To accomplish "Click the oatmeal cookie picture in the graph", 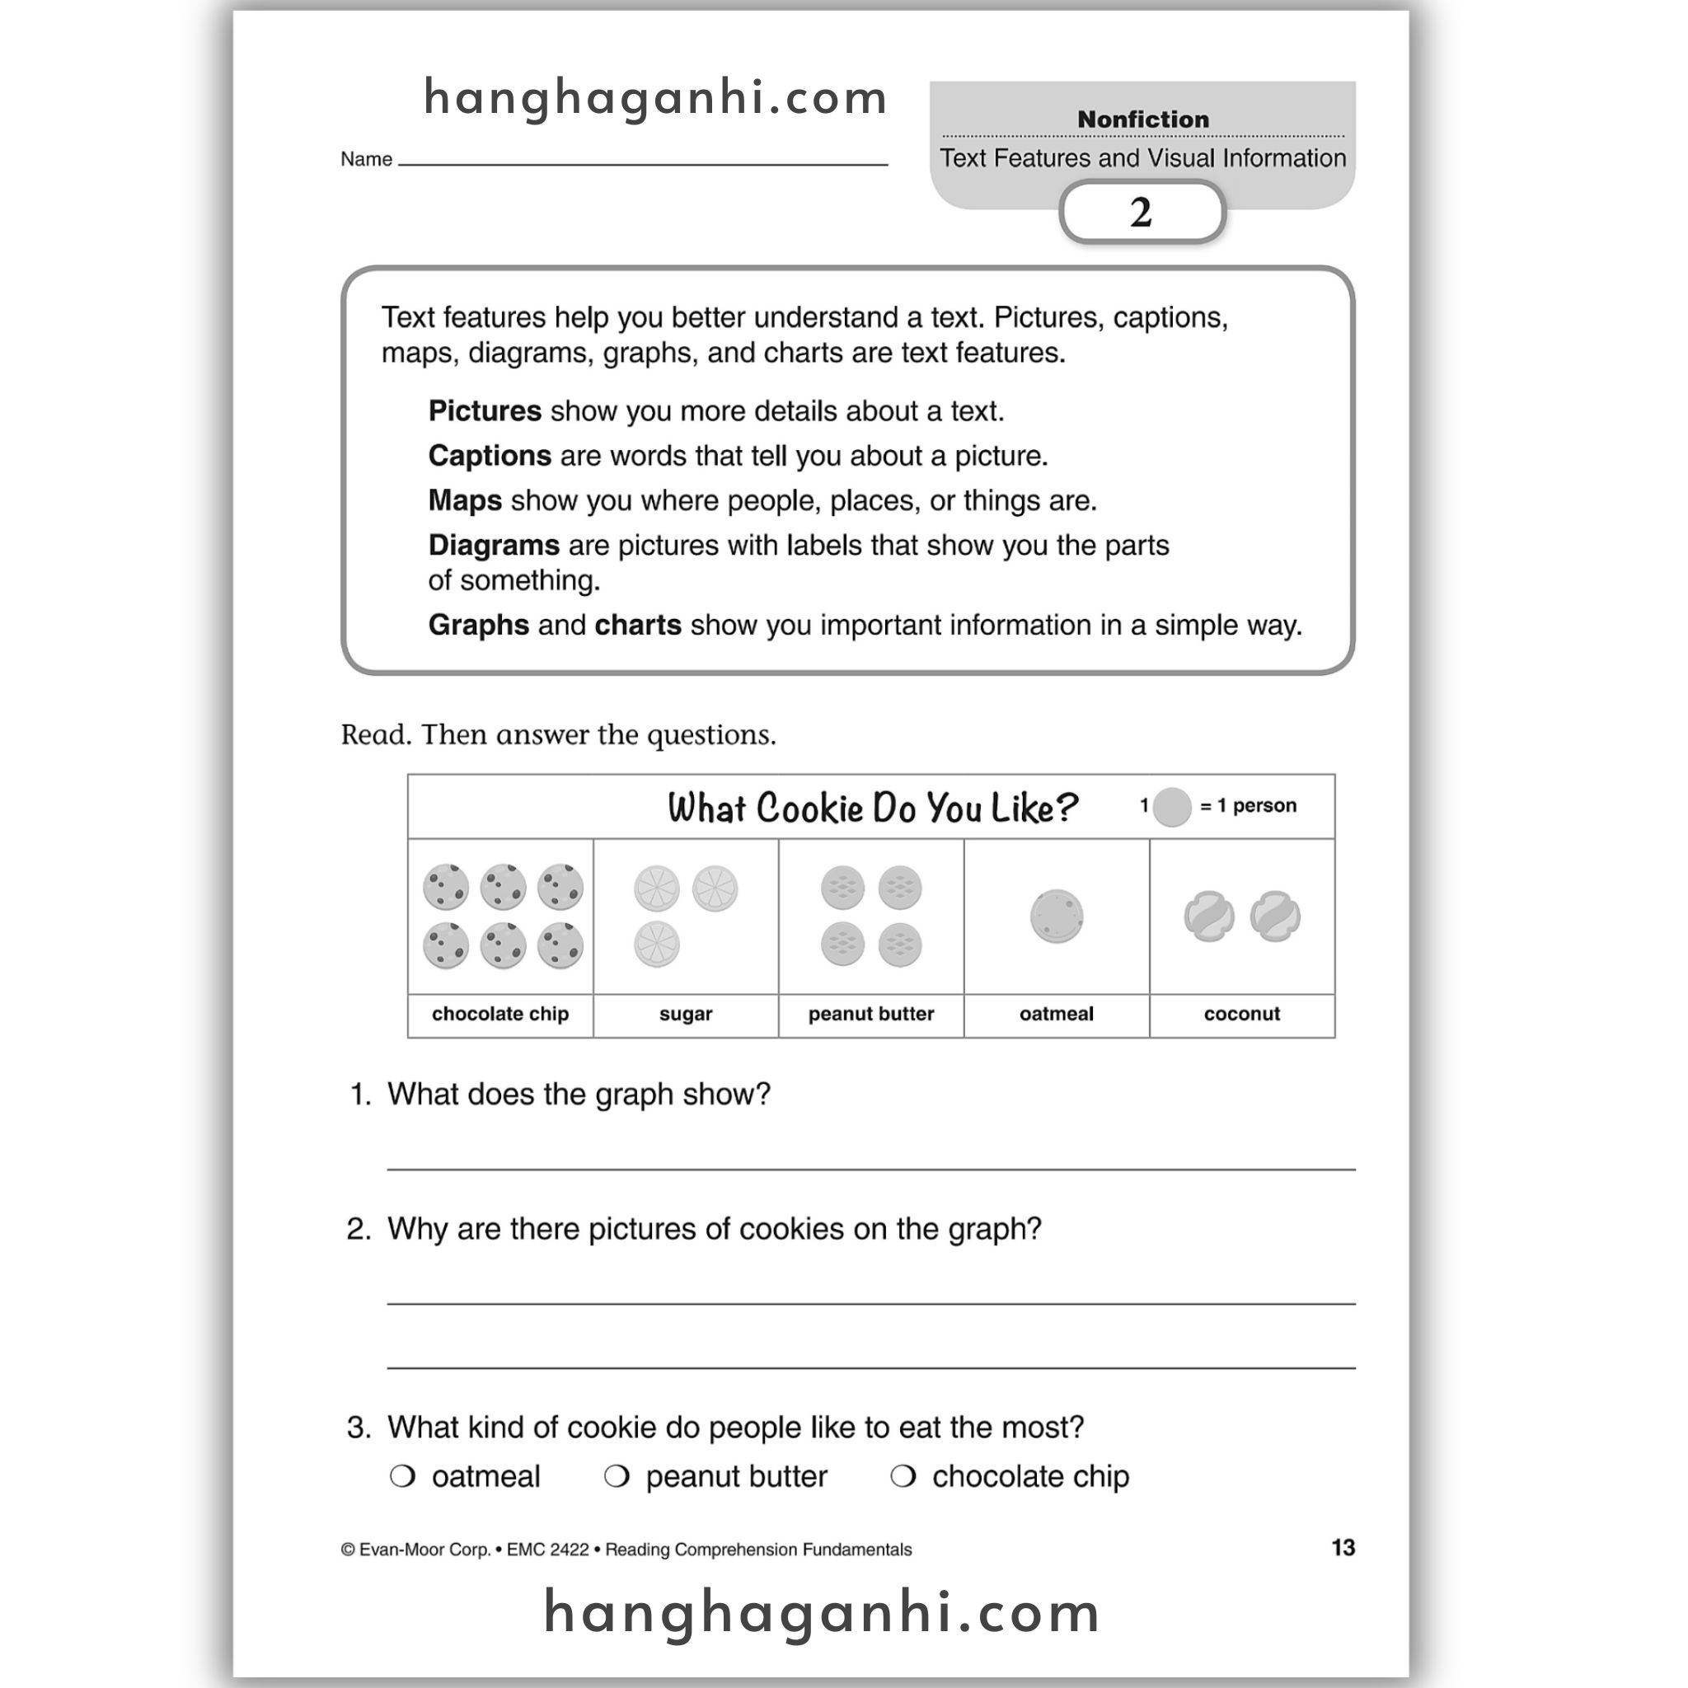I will click(1057, 917).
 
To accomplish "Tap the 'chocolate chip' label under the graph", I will click(499, 1014).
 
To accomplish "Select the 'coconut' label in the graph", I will click(1241, 1014).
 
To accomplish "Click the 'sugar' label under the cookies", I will click(685, 1014).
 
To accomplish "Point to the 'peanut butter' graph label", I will click(870, 1014).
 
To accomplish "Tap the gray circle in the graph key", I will click(1172, 806).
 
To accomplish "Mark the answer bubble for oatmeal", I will click(402, 1475).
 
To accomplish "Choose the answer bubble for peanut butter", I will click(616, 1475).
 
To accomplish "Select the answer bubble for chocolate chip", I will click(903, 1475).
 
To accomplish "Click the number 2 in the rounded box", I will click(1141, 213).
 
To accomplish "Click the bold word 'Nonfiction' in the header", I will click(1143, 119).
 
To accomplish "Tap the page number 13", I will click(1343, 1547).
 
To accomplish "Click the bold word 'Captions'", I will click(490, 456).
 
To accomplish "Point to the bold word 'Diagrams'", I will click(494, 545).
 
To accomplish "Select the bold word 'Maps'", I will click(465, 500).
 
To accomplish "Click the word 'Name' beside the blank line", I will click(366, 159).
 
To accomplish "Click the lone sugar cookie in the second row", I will click(657, 945).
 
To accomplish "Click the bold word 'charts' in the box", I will click(637, 625).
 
